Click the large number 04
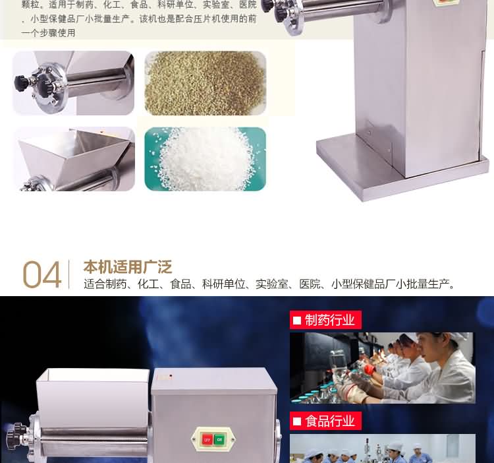pos(42,275)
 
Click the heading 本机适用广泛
pos(127,267)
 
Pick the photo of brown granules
pos(206,83)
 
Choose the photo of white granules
pos(206,159)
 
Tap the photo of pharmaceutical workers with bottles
pos(382,367)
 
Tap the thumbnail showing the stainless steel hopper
pos(74,159)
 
